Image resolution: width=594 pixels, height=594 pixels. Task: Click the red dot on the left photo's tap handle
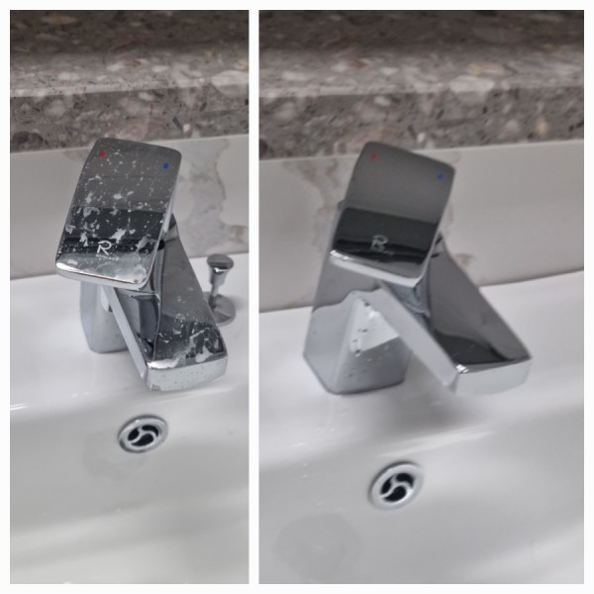click(102, 154)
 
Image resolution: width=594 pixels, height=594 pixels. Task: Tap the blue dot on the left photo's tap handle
click(165, 165)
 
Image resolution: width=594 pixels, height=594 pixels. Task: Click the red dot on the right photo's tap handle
click(374, 156)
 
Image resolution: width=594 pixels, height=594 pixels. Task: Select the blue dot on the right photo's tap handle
click(440, 176)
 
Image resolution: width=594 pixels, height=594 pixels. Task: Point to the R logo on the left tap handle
click(103, 248)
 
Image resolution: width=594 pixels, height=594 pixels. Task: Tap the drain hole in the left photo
click(142, 435)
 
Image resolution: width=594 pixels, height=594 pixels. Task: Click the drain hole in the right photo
click(396, 485)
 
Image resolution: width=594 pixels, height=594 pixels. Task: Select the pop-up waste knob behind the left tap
click(220, 262)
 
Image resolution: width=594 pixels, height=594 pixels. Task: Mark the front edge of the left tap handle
click(102, 274)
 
